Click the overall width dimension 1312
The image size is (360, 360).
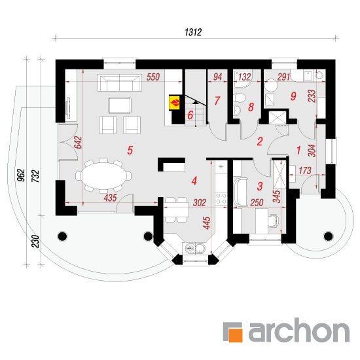[x=193, y=32]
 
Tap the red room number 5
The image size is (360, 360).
[x=130, y=150]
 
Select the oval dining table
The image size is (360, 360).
[x=103, y=175]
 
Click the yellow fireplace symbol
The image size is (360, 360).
[x=175, y=102]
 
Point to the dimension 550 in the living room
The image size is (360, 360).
[x=153, y=77]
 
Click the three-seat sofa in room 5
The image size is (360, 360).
[x=120, y=82]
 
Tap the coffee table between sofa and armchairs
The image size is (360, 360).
[x=120, y=105]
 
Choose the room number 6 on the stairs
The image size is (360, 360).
[x=190, y=115]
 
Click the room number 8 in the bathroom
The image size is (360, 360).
[x=251, y=107]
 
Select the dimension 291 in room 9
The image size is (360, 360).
[x=284, y=77]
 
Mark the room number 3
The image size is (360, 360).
[x=260, y=186]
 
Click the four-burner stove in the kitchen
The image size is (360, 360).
[x=221, y=198]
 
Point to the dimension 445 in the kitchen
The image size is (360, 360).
[x=207, y=223]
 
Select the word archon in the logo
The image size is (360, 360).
[x=299, y=330]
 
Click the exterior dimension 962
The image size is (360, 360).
[x=21, y=175]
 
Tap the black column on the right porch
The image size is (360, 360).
[x=328, y=236]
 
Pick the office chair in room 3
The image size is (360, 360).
[x=274, y=221]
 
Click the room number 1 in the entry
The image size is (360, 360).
[x=298, y=150]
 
